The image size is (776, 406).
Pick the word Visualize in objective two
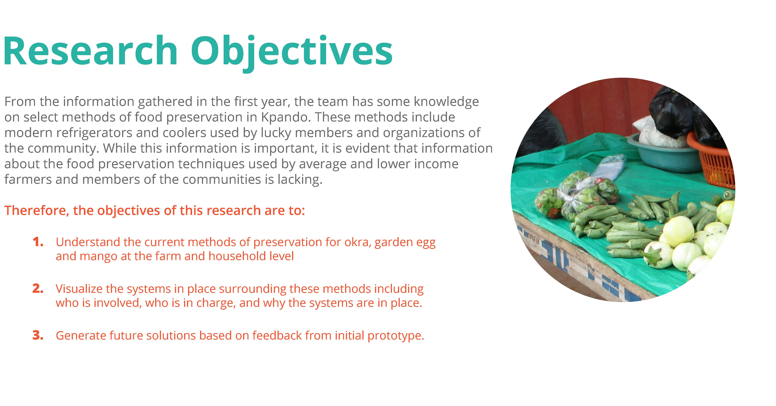coord(79,289)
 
